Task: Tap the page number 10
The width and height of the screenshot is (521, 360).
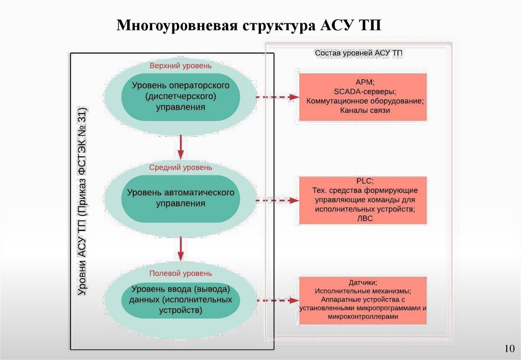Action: click(509, 348)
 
